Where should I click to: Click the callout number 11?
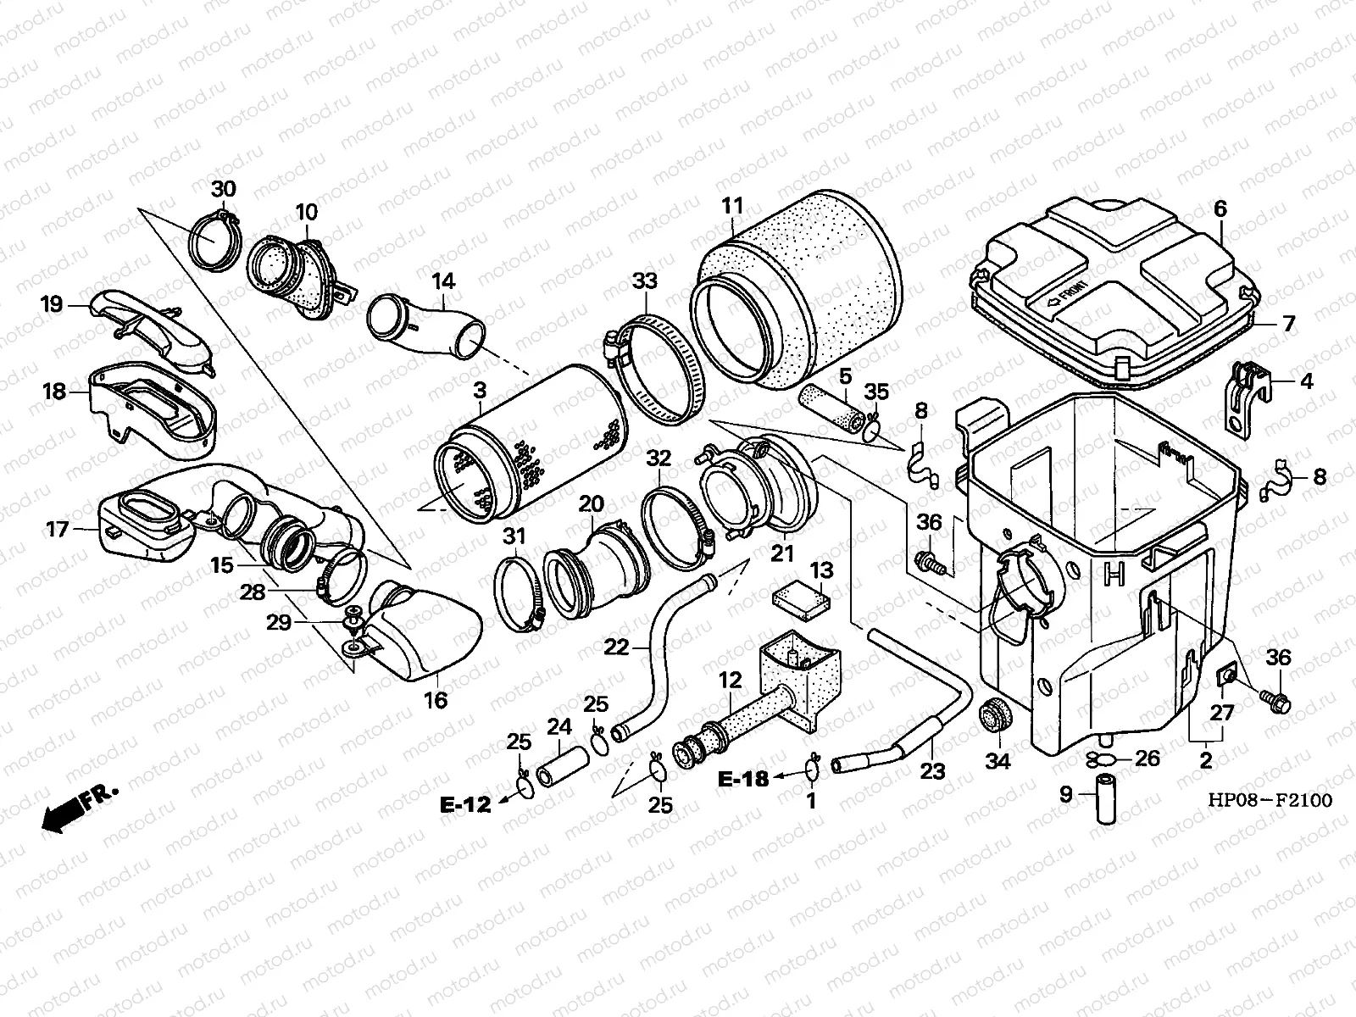click(x=732, y=206)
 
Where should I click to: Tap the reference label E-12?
click(x=465, y=805)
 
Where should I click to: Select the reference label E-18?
click(x=743, y=778)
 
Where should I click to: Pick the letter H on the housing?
click(x=1114, y=575)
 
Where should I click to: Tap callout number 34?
click(x=998, y=761)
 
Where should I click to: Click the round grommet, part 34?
click(x=993, y=717)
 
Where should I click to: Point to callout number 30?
click(x=224, y=188)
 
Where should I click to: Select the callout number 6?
click(x=1220, y=208)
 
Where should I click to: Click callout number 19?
click(x=53, y=303)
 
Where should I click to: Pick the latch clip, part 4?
click(x=1246, y=397)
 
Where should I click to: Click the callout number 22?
click(x=616, y=647)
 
